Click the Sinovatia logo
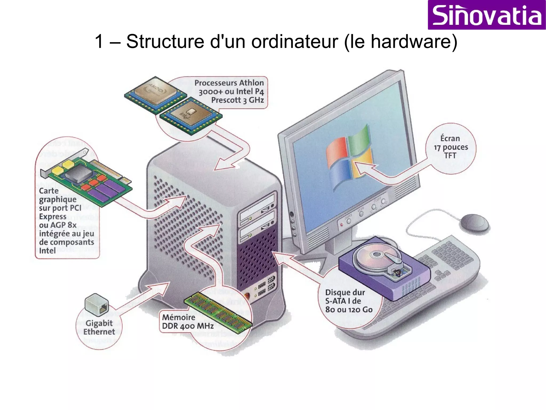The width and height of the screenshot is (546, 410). tap(487, 15)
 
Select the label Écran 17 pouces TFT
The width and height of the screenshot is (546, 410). tap(450, 147)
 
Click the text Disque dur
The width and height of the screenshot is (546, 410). tap(345, 292)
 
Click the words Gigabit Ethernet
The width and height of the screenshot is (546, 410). tap(99, 327)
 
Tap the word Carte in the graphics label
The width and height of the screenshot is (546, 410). tap(49, 191)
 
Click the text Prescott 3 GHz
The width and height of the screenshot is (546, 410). tap(237, 100)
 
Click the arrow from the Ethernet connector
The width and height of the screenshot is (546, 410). tap(144, 296)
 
